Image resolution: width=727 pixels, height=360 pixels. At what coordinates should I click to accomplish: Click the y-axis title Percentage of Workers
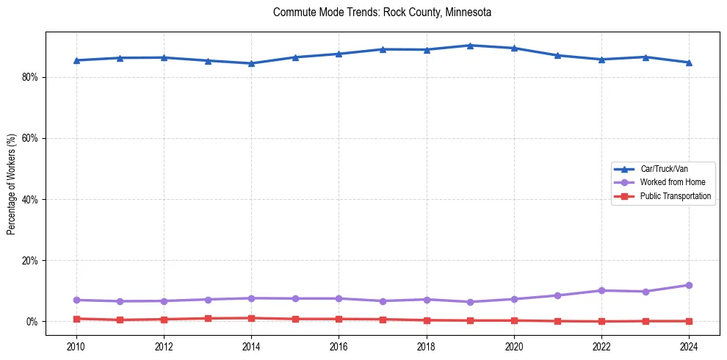[12, 184]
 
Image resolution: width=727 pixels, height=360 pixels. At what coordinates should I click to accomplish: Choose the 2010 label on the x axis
[76, 345]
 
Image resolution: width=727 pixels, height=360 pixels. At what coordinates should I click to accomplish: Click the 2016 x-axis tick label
[339, 345]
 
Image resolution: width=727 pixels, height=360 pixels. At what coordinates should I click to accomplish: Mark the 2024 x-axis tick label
[689, 345]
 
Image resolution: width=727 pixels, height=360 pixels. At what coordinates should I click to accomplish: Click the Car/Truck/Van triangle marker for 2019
[470, 46]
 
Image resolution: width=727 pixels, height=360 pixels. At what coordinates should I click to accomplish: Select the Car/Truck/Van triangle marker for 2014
[251, 63]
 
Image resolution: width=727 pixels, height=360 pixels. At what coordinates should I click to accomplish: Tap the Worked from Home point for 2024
[689, 285]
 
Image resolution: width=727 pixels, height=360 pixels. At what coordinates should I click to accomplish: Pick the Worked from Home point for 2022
[601, 291]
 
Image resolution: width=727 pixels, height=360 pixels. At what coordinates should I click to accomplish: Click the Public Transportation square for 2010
[76, 319]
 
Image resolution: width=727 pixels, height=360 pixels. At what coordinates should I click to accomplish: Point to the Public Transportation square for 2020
[514, 320]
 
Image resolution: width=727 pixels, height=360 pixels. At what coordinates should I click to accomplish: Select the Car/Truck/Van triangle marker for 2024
[689, 62]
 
